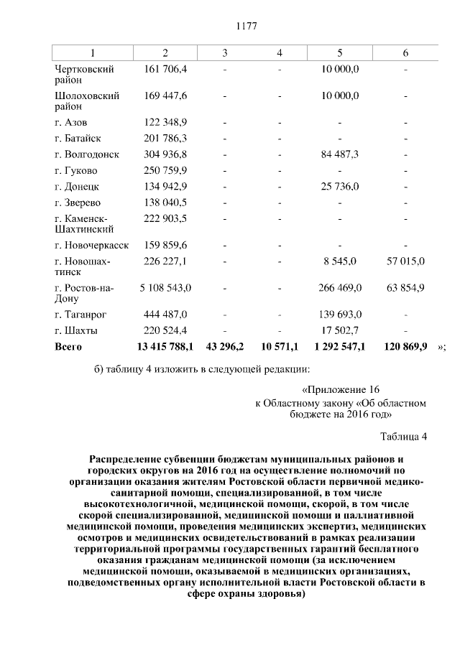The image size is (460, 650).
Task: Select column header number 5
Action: (x=339, y=53)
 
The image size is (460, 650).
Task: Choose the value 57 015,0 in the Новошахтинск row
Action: (x=405, y=261)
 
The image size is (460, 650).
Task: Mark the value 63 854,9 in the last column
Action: (x=405, y=287)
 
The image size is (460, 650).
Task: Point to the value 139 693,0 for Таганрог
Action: (x=339, y=315)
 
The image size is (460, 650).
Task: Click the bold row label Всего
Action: (x=68, y=346)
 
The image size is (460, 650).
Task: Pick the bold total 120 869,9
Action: (x=405, y=346)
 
